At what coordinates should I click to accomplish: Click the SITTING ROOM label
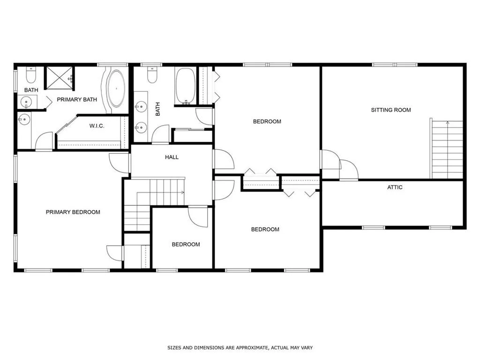point(391,110)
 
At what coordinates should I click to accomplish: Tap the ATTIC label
point(395,187)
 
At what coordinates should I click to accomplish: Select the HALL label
point(172,157)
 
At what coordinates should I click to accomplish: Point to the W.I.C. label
point(97,126)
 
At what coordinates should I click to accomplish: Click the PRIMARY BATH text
point(77,99)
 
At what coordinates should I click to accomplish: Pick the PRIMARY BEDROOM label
point(73,212)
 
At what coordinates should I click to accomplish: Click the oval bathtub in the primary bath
point(116,89)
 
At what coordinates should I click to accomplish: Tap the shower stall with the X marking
point(60,78)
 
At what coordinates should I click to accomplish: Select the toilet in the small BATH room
point(31,75)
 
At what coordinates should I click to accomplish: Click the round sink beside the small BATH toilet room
point(27,101)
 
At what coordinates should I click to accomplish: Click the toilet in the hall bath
point(152,75)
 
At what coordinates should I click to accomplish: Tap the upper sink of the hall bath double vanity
point(141,106)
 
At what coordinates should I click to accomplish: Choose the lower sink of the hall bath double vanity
point(141,127)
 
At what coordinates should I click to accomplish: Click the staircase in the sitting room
point(447,150)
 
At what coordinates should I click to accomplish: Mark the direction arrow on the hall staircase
point(160,193)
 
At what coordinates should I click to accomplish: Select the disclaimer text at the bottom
point(240,348)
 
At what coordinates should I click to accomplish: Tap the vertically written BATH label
point(157,109)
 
